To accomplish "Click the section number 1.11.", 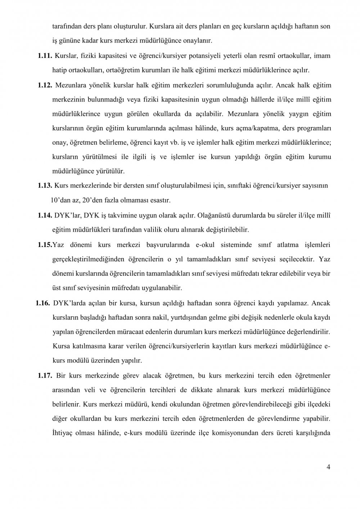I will click(x=45, y=56).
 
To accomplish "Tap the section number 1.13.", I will click(x=45, y=185).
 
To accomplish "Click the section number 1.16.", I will click(x=42, y=303).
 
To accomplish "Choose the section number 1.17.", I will click(x=45, y=376).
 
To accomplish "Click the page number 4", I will click(x=328, y=467).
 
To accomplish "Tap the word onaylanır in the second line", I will click(x=199, y=41).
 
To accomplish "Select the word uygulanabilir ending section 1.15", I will click(x=164, y=288).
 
